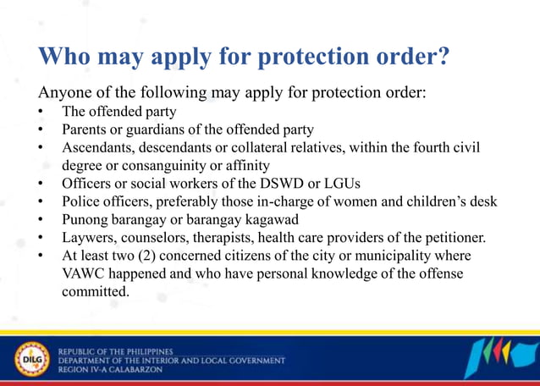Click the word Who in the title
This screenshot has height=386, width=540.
66,58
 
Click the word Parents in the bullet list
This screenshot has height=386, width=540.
85,130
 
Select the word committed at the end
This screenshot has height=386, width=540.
96,292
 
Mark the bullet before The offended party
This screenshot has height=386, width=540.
40,111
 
